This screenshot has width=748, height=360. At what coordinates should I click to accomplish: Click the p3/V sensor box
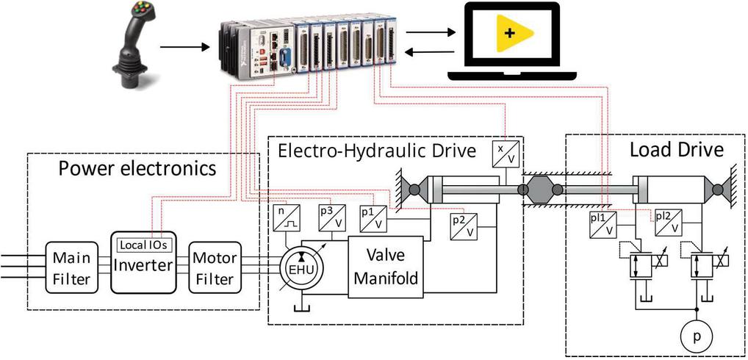[331, 218]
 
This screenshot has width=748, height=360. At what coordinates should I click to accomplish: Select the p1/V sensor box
[373, 218]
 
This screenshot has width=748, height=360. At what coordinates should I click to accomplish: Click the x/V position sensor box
[507, 152]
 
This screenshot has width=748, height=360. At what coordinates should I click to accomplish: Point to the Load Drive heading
[677, 151]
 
